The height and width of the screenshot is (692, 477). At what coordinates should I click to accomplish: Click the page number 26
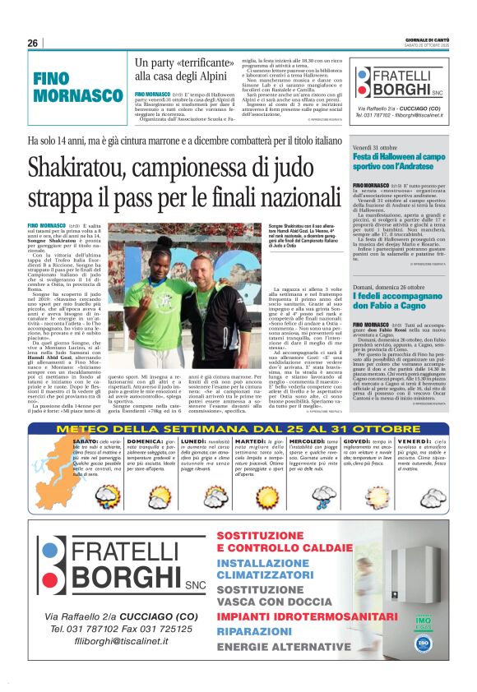click(x=33, y=44)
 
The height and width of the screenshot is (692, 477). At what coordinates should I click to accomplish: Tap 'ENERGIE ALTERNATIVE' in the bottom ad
click(x=277, y=648)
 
